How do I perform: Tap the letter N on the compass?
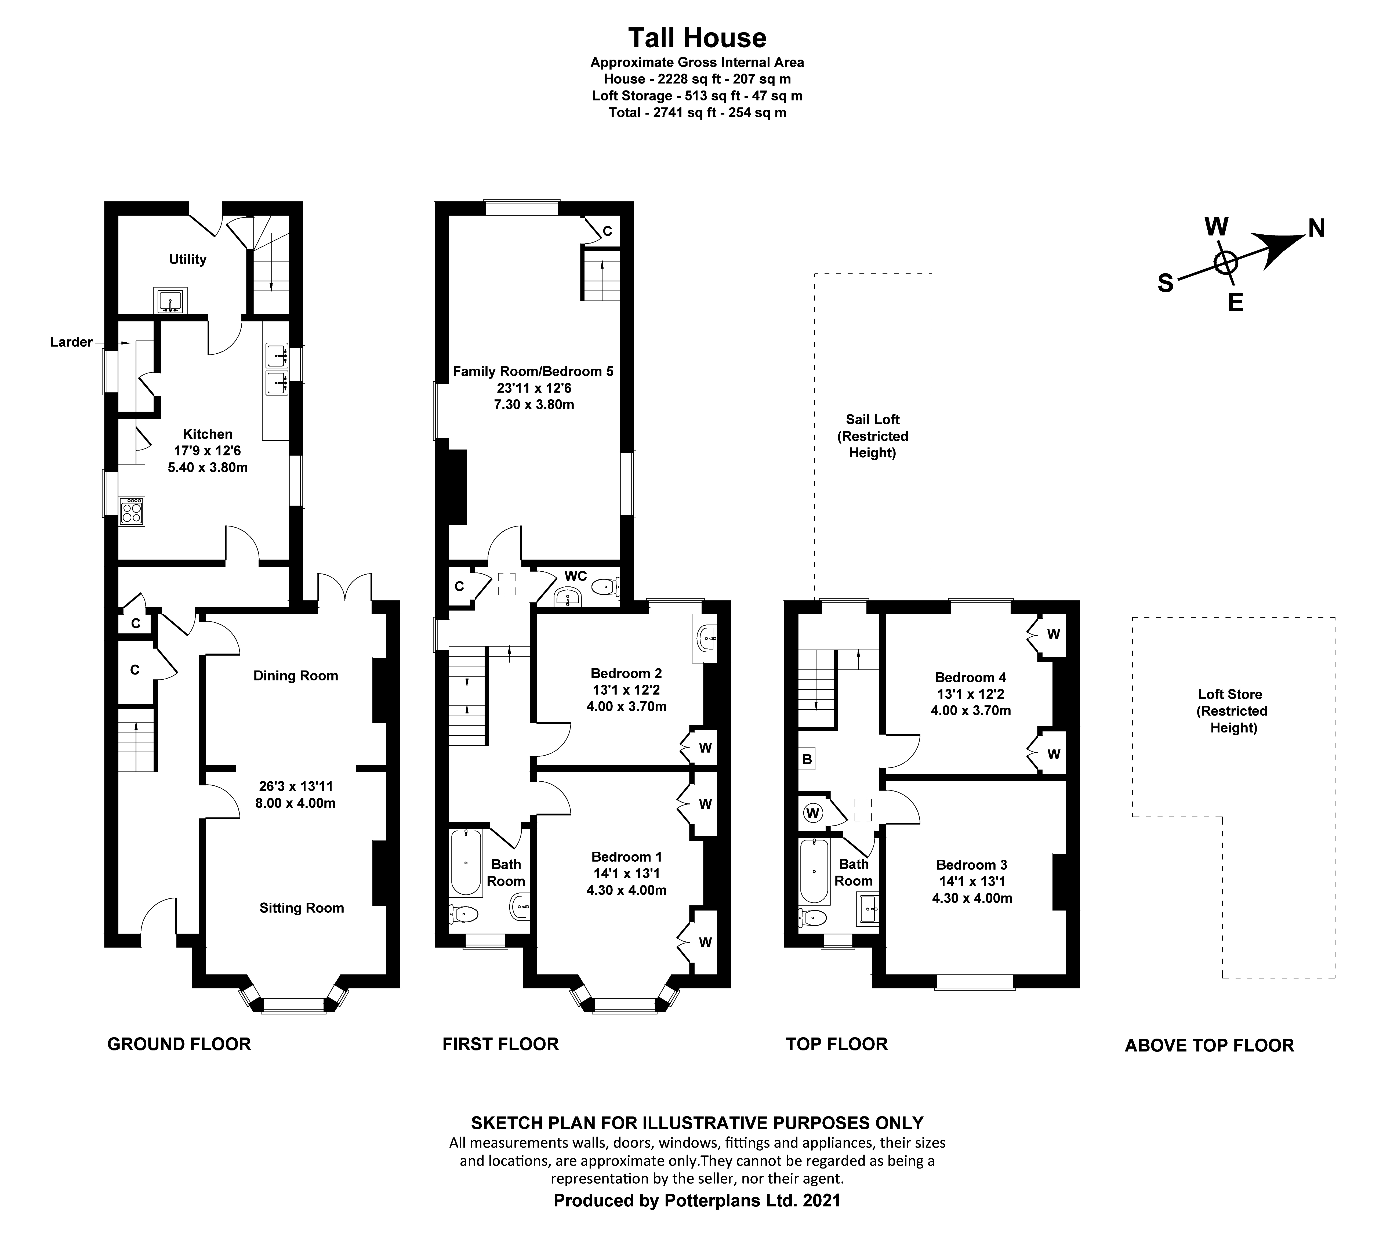1316,229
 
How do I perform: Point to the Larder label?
71,342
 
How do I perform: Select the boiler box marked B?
807,759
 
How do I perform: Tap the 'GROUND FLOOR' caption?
179,1044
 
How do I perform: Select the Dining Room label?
295,676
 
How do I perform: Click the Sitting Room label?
302,908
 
